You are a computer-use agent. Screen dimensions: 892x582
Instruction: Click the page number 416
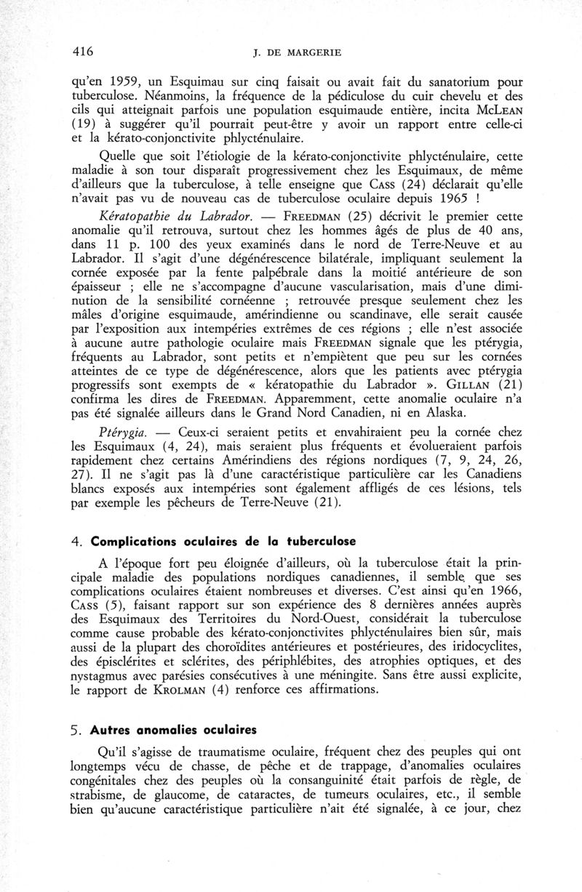(x=85, y=51)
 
